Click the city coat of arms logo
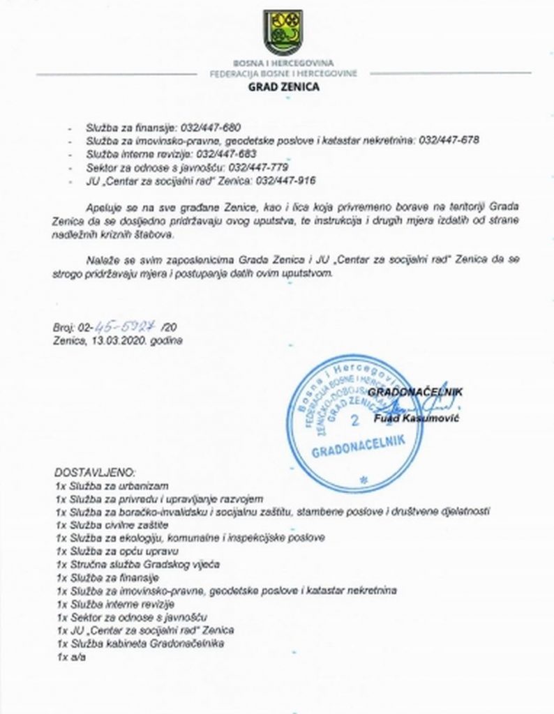pos(283,31)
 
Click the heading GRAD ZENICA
pos(283,87)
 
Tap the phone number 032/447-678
pos(449,140)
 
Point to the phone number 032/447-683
pos(227,153)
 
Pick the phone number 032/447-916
pos(286,180)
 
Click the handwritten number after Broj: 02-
pos(130,328)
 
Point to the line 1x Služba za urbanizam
pos(112,485)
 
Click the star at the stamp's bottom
pos(362,480)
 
